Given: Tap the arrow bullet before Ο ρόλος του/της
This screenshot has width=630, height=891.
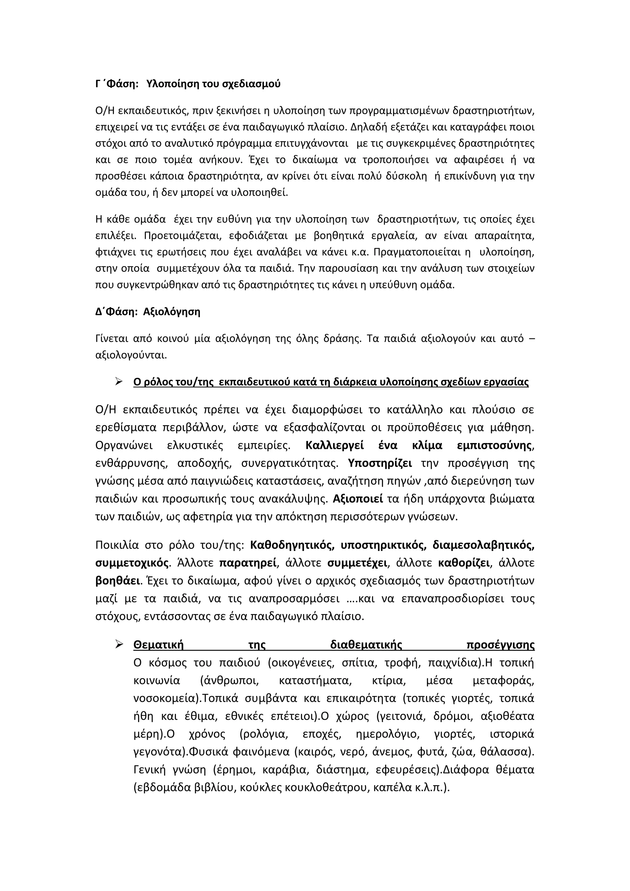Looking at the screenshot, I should (119, 382).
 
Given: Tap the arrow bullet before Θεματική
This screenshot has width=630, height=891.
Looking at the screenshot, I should (119, 645).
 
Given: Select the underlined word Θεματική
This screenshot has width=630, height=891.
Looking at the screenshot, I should (158, 645).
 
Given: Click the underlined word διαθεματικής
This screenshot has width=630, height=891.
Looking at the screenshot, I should (366, 645).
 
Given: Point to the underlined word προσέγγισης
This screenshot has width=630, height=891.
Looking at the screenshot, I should (500, 645).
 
